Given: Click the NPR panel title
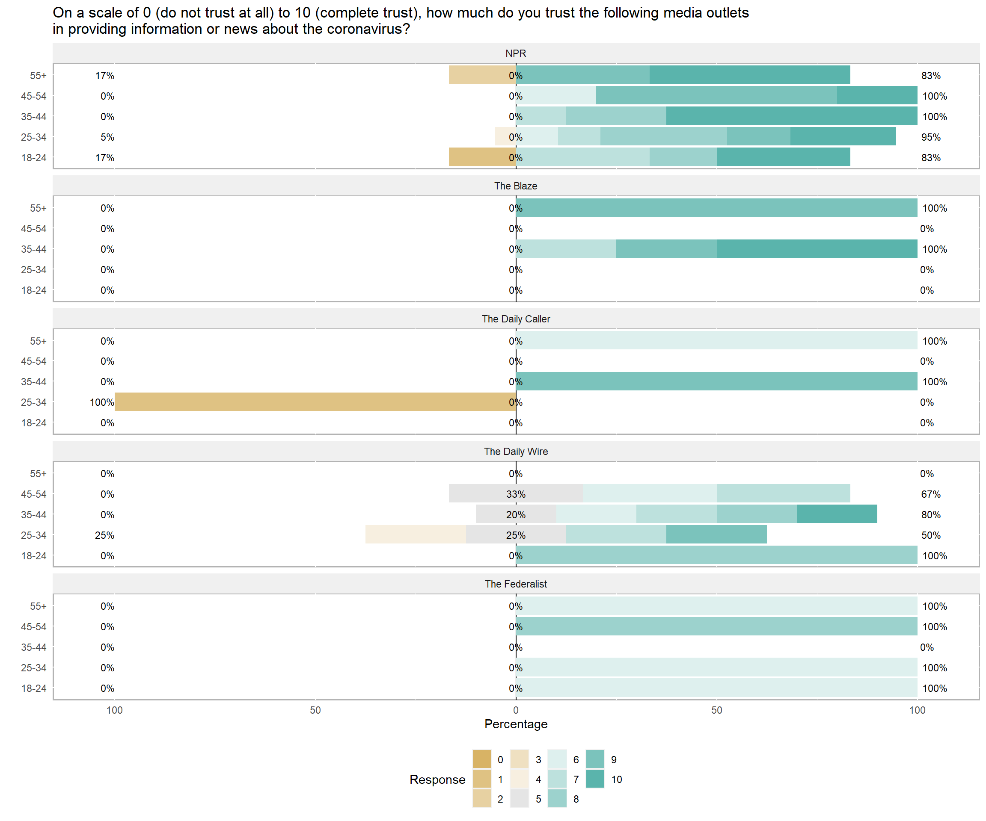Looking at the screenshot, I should point(516,53).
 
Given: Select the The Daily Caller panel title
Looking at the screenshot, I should point(516,319).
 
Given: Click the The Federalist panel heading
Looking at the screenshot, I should point(516,584).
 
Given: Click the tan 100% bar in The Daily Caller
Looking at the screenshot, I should point(315,402).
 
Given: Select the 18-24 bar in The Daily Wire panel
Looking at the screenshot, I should point(716,555).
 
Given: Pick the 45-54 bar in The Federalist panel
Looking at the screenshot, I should point(716,627).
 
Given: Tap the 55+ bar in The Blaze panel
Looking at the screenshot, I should point(716,208).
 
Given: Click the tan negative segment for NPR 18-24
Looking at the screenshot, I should point(482,157).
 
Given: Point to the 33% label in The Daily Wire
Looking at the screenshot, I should point(516,494).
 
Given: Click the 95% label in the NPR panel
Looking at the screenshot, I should point(931,137).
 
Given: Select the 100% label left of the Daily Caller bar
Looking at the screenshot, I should point(102,402).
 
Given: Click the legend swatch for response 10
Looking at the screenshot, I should point(595,779).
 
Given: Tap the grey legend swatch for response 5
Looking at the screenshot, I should point(519,799).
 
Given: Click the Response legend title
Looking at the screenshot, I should point(437,779).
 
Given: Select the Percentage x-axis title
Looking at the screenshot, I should point(516,724).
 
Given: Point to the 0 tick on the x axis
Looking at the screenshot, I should point(516,710).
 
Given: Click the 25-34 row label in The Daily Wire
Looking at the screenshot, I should point(34,535).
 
